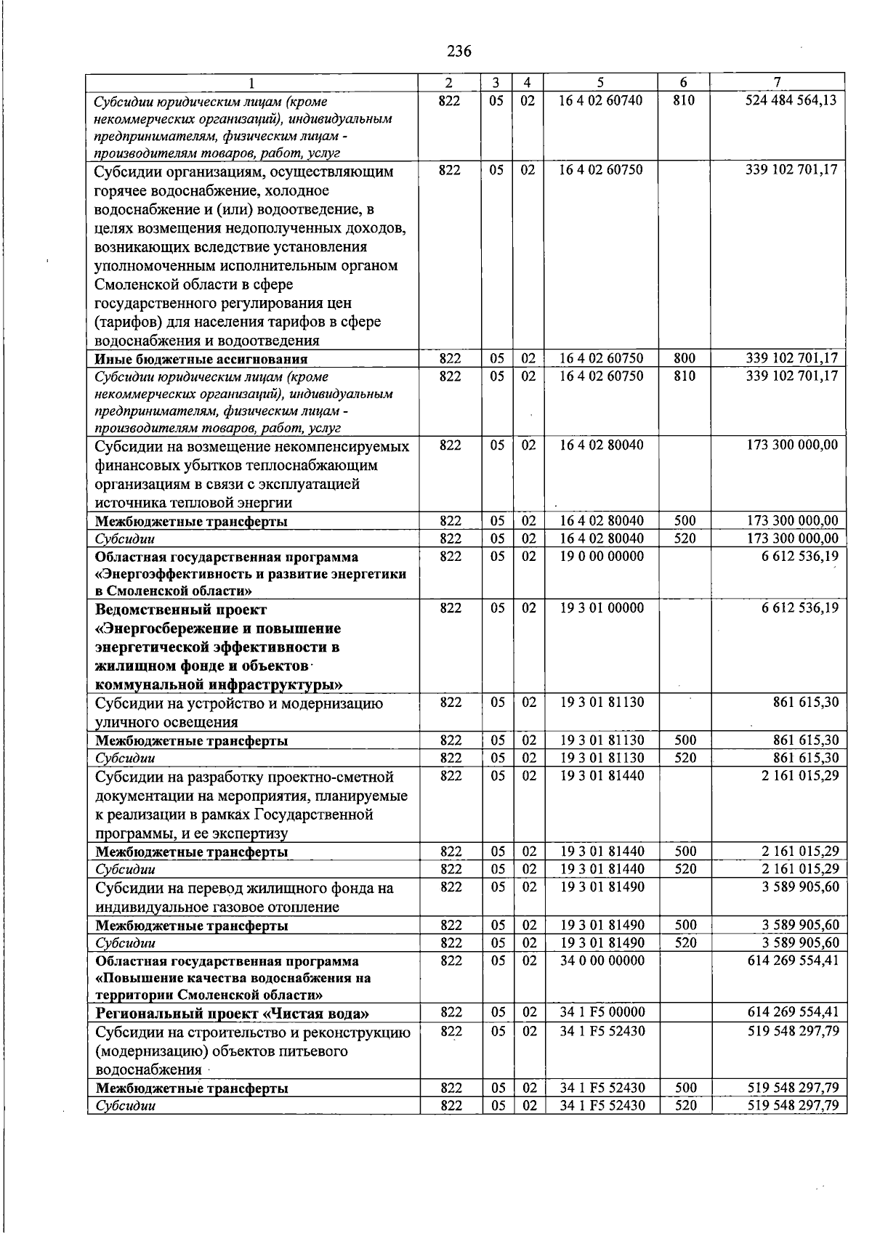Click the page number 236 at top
[x=459, y=51]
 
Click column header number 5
[x=600, y=82]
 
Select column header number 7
[x=777, y=82]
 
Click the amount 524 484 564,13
[x=791, y=100]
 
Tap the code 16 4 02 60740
[x=600, y=100]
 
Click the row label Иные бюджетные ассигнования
[x=201, y=359]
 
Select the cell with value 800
[x=684, y=358]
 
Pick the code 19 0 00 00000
[x=601, y=557]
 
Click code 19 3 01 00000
[x=601, y=608]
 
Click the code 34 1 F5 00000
[x=602, y=1013]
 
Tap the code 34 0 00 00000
[x=602, y=961]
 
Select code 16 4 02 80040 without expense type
[x=601, y=445]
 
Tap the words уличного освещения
[x=166, y=722]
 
